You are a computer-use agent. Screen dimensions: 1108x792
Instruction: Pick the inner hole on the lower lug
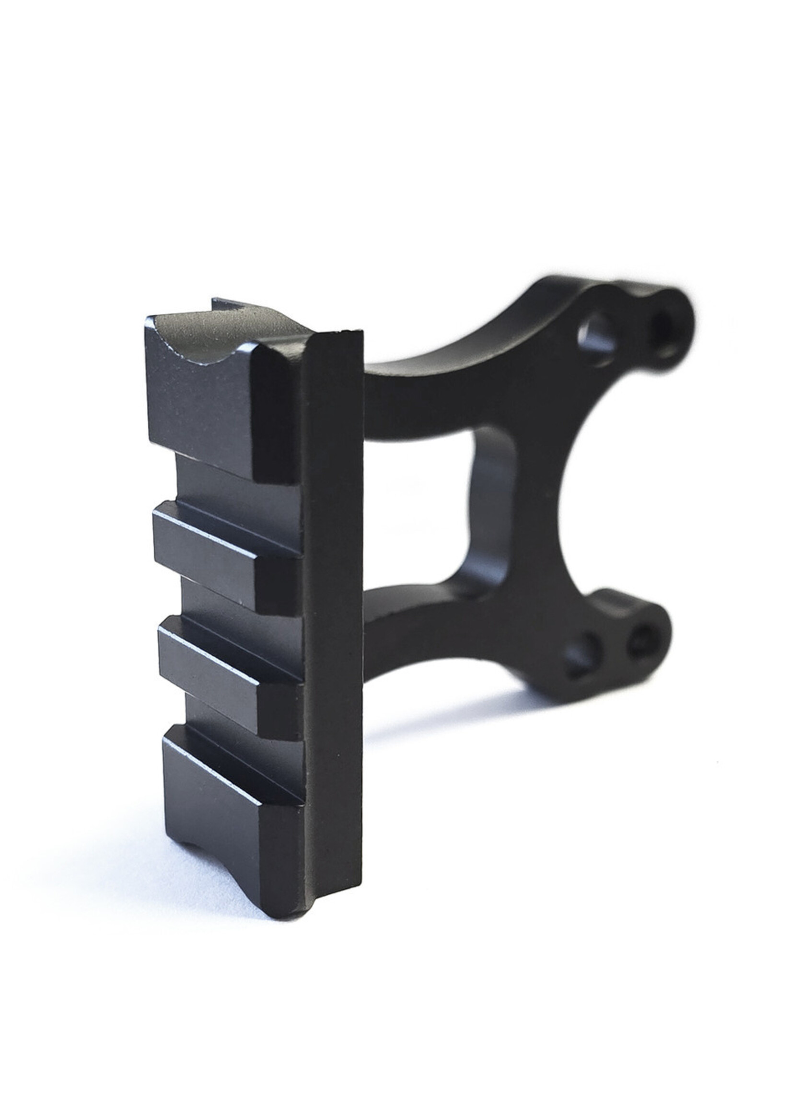pyautogui.click(x=583, y=655)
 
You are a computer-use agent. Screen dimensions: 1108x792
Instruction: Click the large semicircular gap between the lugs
pyautogui.click(x=610, y=487)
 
